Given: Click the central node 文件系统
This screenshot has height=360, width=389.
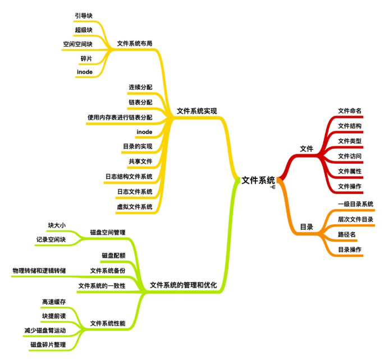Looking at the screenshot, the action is (258, 180).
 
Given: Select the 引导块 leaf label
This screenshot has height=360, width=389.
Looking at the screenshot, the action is (84, 16).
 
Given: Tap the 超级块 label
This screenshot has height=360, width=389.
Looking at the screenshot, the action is (83, 30).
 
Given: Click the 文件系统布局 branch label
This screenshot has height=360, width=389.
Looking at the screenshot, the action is (135, 43).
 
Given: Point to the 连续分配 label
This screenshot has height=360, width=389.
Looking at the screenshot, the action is (140, 87).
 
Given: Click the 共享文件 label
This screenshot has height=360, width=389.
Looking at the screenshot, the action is (140, 161).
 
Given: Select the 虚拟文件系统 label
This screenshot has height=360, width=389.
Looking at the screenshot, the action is (135, 206).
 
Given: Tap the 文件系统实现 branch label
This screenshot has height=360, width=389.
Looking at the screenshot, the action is (196, 111).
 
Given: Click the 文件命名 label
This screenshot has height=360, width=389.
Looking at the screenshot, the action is (350, 110).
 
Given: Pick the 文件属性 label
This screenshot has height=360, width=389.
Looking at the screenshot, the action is (350, 171).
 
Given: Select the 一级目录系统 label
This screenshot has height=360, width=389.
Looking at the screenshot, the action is (355, 204).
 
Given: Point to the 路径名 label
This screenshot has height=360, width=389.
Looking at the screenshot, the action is (346, 234).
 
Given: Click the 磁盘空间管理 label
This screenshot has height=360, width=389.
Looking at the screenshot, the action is (108, 232).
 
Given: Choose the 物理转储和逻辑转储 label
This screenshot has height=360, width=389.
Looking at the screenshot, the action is (39, 271).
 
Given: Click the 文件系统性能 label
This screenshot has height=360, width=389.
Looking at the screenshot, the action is (108, 324).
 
